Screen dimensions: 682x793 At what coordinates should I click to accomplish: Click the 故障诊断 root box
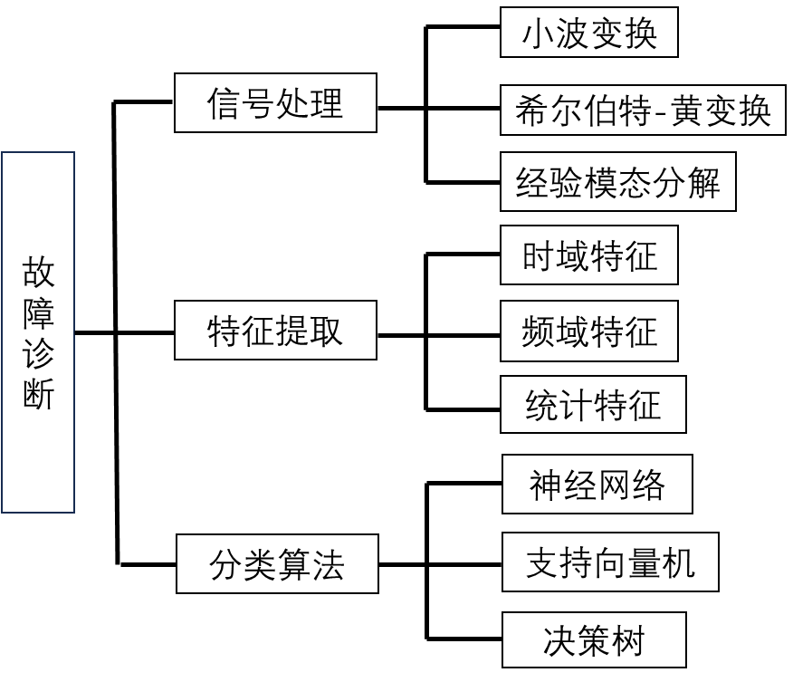point(38,331)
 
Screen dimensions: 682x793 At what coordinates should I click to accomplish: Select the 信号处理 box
point(275,103)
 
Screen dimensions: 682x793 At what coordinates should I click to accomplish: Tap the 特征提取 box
point(275,331)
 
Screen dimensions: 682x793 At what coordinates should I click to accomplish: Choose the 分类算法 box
point(277,564)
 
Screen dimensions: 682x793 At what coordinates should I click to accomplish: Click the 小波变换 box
point(588,33)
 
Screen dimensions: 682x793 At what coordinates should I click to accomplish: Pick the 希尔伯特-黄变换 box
point(643,110)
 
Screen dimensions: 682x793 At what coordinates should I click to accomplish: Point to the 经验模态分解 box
point(617,182)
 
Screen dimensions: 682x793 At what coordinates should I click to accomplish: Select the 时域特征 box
point(588,255)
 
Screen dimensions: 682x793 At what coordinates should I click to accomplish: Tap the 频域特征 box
point(588,331)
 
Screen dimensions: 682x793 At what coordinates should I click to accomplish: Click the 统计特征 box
point(593,404)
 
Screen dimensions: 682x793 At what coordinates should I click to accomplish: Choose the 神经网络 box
point(597,484)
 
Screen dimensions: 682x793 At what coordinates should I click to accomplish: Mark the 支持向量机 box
point(610,562)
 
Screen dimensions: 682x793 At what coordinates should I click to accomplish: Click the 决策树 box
point(593,640)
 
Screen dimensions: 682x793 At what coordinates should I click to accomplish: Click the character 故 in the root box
point(39,272)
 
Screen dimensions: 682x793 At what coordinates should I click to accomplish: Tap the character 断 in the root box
point(39,395)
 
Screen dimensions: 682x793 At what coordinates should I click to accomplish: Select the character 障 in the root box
point(39,312)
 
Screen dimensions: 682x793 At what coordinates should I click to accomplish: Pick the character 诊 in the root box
point(39,354)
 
